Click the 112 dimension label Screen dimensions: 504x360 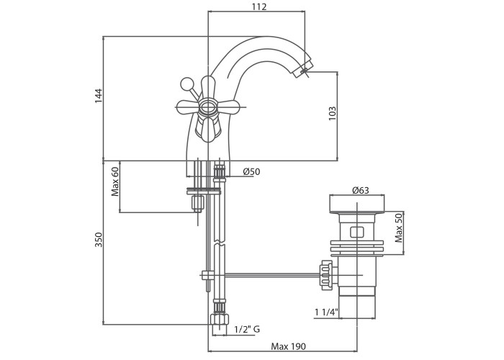[259, 6]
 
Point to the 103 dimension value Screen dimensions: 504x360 [332, 114]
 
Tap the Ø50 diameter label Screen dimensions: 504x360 [252, 171]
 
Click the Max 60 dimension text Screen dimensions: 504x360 [115, 182]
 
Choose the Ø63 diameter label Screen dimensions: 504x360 [361, 190]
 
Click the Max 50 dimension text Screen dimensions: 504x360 [399, 228]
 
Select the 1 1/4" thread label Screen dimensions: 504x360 [326, 312]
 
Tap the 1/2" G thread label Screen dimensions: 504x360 [247, 330]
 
